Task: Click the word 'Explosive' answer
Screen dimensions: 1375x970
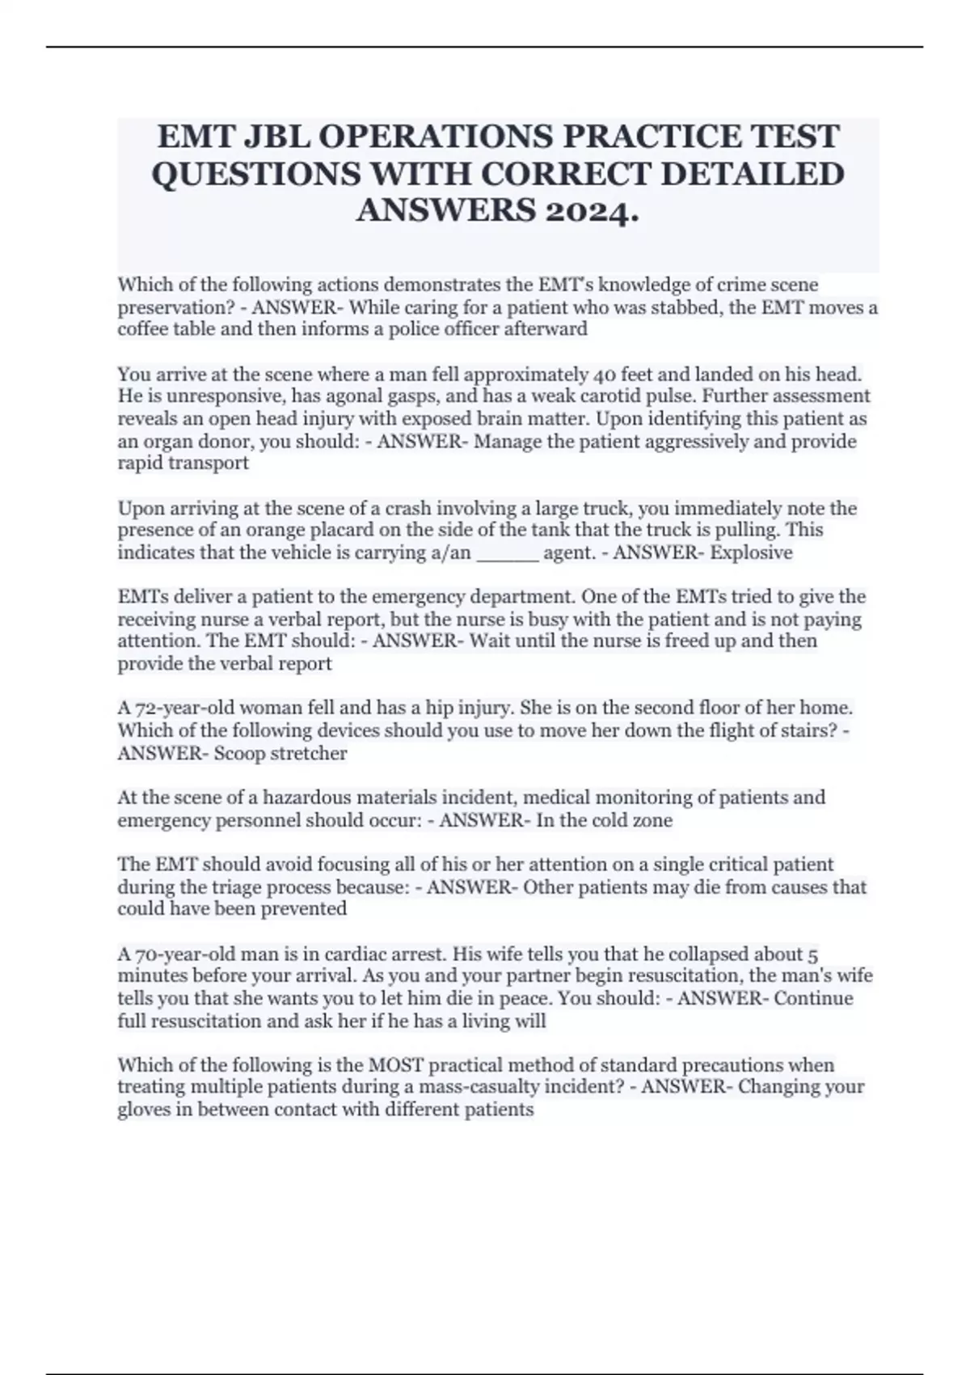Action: click(751, 552)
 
